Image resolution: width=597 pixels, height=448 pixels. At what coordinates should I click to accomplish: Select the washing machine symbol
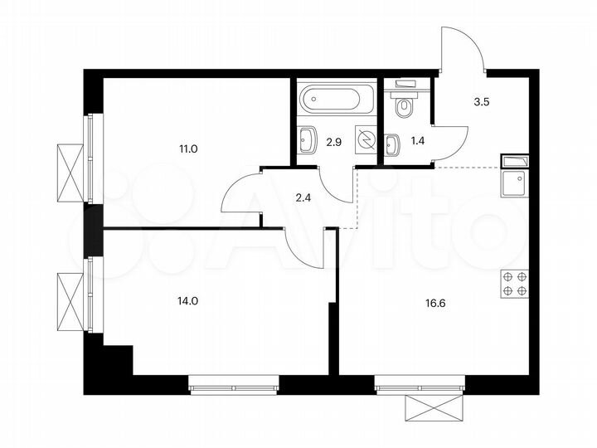(x=365, y=139)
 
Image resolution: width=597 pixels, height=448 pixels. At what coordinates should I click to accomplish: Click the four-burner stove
(x=514, y=285)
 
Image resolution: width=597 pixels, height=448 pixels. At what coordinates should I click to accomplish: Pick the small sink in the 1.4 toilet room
(x=393, y=146)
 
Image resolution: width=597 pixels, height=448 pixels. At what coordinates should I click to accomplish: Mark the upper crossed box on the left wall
(x=70, y=172)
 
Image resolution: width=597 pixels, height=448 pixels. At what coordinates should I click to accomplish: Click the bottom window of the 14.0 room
(x=235, y=386)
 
